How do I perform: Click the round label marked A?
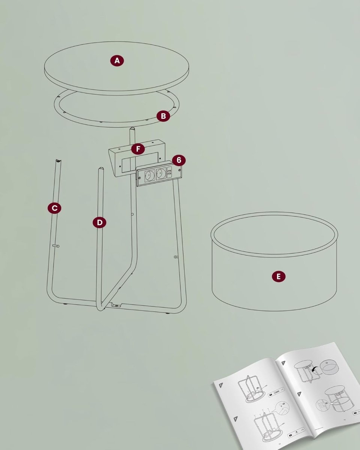(x=117, y=60)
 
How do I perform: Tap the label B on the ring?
(x=163, y=116)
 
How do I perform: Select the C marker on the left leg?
(x=55, y=208)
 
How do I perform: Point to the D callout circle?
(x=99, y=223)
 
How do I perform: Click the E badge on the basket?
(x=278, y=277)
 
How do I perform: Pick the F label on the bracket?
(x=138, y=149)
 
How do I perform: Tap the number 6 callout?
(x=179, y=160)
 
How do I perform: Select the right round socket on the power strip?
(x=160, y=173)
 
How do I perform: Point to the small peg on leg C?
(x=56, y=246)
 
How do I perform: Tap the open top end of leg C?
(x=58, y=160)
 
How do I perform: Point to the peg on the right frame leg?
(x=176, y=257)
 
